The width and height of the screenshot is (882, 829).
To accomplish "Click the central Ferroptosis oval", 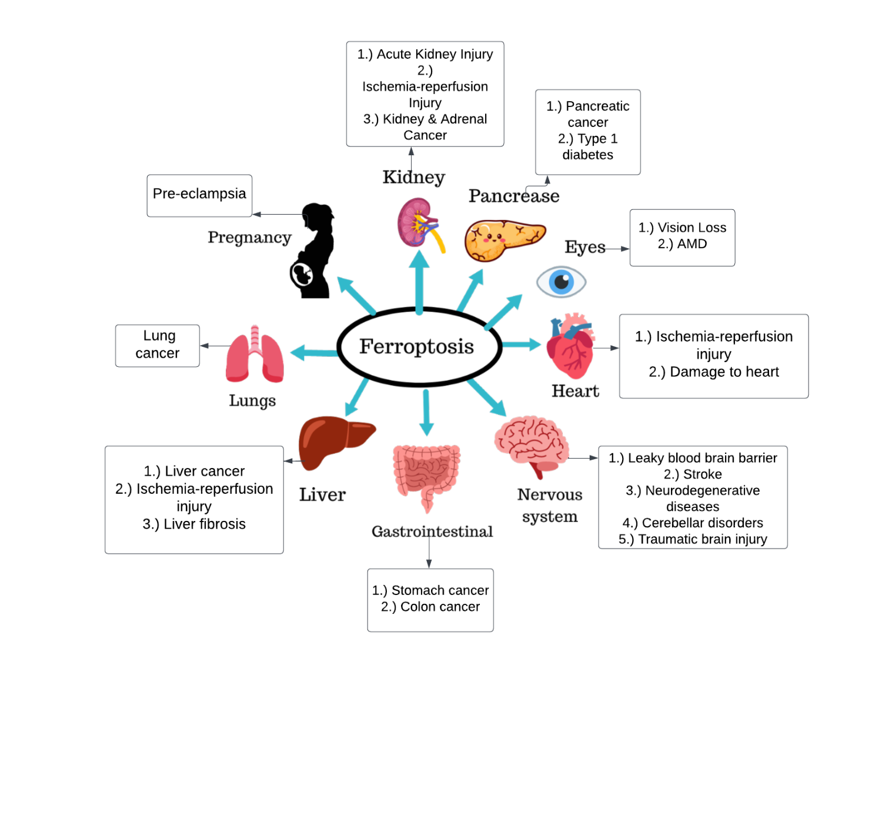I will click(419, 346).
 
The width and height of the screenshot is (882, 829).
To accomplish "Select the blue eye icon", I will click(562, 282).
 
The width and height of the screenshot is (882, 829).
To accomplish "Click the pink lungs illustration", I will click(255, 356).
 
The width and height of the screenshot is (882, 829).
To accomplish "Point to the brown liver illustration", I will click(333, 441).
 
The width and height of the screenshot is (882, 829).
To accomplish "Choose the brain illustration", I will click(531, 443).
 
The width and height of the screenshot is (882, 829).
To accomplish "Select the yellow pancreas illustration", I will click(503, 239).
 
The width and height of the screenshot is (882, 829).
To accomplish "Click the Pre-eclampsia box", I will click(199, 194).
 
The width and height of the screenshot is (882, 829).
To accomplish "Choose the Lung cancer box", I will click(158, 345).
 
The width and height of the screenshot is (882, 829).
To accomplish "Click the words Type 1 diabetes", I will click(588, 147).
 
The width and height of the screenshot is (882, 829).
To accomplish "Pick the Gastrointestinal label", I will click(432, 532).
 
